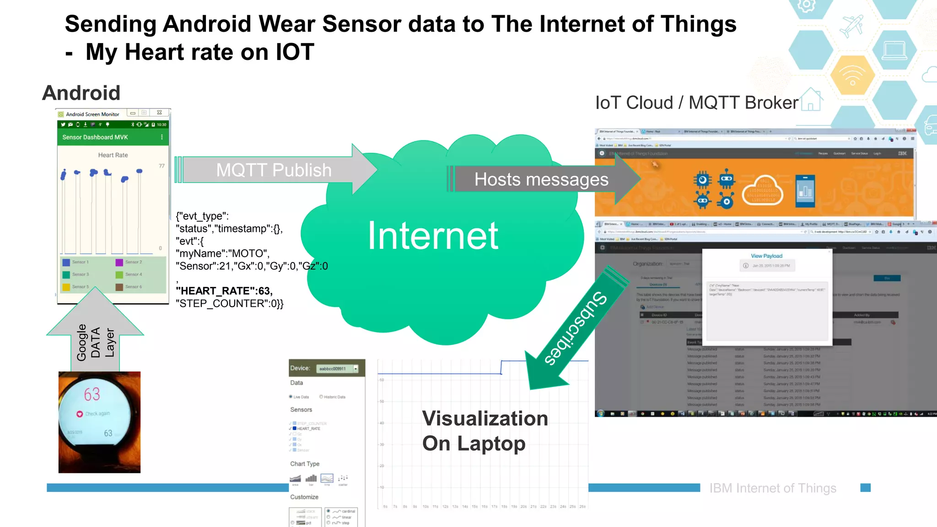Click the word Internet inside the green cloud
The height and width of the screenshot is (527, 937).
432,236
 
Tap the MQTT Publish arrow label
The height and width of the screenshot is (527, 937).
274,170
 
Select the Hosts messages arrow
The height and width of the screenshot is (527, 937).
541,179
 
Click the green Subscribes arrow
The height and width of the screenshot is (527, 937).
576,328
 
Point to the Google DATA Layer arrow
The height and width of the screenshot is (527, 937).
95,341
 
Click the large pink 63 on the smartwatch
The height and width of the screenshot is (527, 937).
92,394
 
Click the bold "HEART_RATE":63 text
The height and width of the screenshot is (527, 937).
224,291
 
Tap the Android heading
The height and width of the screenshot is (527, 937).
81,93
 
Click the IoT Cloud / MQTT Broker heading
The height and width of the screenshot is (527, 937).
696,103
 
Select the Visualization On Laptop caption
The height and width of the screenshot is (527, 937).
484,431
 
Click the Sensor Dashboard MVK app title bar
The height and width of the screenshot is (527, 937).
95,137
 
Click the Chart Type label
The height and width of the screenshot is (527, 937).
305,464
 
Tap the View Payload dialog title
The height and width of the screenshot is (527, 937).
766,256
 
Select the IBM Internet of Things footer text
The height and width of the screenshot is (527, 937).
772,488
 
